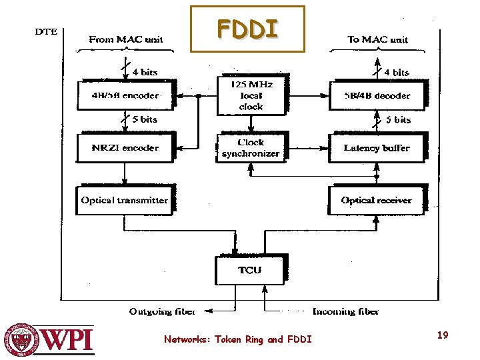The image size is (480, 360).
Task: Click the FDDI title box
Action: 247,29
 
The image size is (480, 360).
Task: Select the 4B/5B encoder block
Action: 125,95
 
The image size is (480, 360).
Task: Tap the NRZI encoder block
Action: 125,147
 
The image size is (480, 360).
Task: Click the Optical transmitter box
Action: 125,200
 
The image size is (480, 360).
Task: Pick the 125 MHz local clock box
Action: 251,95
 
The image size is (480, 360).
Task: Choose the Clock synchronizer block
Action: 251,147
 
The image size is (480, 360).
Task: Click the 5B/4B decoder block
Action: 377,95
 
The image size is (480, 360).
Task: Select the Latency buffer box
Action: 377,147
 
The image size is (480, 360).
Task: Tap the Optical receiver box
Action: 377,200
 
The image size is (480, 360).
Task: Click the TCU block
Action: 251,269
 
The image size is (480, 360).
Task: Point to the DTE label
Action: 45,31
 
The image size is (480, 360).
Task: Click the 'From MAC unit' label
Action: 126,39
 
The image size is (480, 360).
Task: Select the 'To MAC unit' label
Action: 377,39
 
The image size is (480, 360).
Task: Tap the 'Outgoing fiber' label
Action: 162,311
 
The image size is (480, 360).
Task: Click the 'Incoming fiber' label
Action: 345,311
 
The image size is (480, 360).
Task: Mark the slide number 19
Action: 442,335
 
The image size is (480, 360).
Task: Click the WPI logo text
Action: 68,341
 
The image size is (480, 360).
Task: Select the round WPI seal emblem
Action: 21,340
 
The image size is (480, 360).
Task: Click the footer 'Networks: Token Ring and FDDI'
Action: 238,339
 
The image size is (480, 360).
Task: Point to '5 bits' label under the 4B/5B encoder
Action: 144,119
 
